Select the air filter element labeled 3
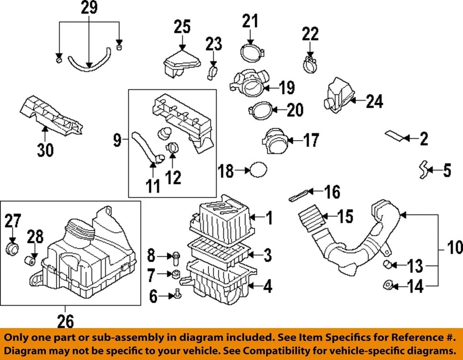[x=220, y=253]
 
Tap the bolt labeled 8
[x=177, y=258]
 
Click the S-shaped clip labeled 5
[x=423, y=170]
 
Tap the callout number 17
[x=311, y=140]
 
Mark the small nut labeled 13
[x=387, y=263]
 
